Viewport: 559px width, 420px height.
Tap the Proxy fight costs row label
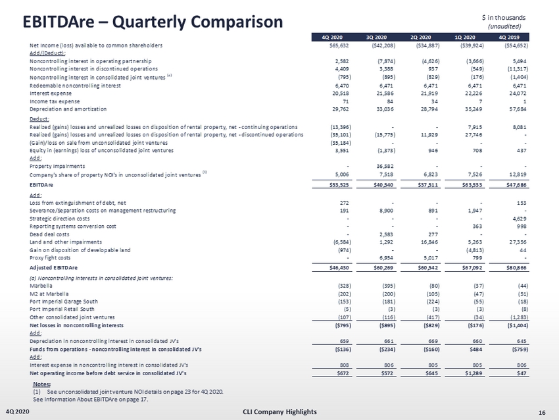click(x=53, y=258)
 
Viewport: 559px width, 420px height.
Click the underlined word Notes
click(x=41, y=383)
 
